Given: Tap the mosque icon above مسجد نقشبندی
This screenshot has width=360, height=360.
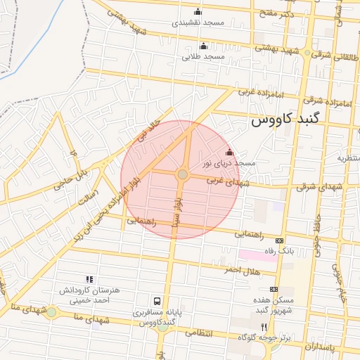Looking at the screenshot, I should tap(197, 11).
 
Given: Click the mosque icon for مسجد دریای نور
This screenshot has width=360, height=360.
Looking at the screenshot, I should tap(229, 152).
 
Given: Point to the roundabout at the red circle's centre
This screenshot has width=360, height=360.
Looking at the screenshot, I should tap(182, 174).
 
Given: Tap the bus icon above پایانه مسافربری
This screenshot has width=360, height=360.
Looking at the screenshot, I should tap(167, 300).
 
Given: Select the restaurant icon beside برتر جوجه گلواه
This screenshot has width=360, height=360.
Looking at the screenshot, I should tap(264, 327).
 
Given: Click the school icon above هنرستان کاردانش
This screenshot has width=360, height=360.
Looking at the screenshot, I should tap(89, 280).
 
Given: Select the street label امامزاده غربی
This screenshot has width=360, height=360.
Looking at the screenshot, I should tap(259, 92).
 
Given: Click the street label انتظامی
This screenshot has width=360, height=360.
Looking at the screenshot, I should tap(198, 333).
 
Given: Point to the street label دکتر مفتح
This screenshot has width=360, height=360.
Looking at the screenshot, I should tap(278, 13).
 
